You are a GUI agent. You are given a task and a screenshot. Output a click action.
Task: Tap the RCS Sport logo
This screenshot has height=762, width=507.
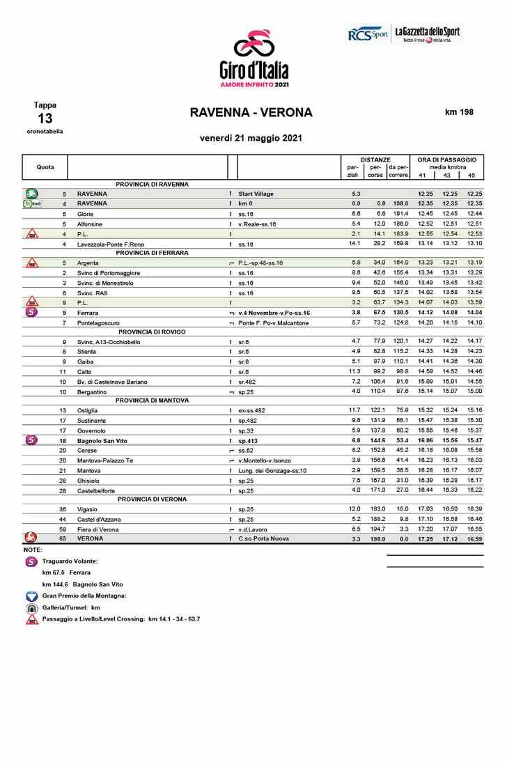[367, 34]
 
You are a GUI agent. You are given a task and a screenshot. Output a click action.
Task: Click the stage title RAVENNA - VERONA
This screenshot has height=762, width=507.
[251, 113]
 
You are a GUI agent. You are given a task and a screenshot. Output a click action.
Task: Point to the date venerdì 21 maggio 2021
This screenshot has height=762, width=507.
[251, 138]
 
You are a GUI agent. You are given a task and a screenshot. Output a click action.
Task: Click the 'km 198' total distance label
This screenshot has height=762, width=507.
[459, 112]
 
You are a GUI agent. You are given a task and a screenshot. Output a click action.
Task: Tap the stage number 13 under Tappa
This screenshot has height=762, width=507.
[45, 118]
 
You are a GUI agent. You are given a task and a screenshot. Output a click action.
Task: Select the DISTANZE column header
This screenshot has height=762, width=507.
[375, 160]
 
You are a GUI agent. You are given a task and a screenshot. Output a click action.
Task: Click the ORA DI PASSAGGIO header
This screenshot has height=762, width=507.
[446, 160]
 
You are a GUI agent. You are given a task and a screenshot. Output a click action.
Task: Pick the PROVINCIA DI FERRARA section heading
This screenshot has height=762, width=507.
[152, 253]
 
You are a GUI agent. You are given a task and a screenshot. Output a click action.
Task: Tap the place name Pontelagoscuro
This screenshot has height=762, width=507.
[97, 323]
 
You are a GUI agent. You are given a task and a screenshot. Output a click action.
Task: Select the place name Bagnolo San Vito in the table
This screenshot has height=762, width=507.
[102, 441]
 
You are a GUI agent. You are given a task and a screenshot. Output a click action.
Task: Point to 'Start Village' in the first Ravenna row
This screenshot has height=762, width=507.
[256, 193]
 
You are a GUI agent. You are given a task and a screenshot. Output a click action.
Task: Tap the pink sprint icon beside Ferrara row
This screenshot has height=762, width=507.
[31, 313]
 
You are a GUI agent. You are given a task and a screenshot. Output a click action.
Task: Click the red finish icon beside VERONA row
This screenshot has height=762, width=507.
[31, 538]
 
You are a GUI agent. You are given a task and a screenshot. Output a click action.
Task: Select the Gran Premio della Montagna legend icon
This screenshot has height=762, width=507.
[31, 596]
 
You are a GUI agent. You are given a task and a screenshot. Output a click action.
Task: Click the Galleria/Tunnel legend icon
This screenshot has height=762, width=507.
[31, 607]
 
